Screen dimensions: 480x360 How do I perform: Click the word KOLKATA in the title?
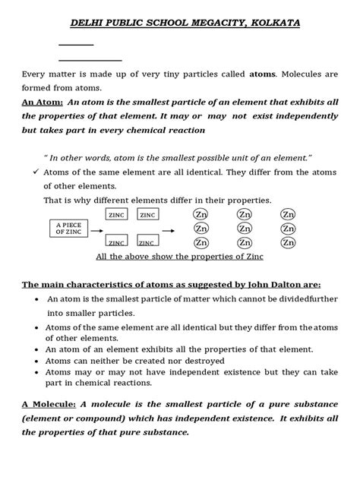click(272, 24)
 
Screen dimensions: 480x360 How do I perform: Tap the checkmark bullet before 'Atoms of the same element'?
click(35, 172)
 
